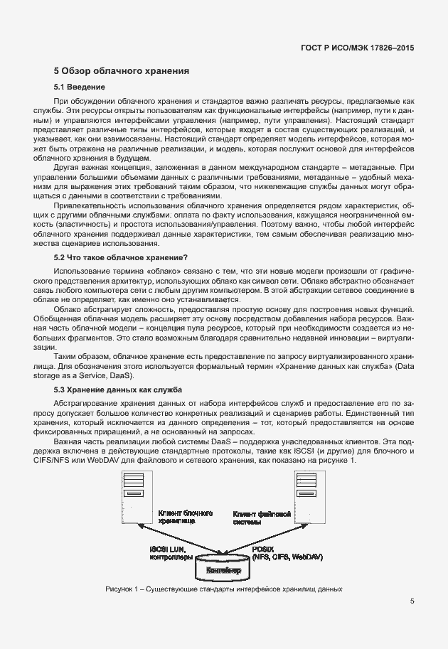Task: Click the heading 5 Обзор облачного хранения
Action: [121, 71]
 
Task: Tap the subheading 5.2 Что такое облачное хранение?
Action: [121, 257]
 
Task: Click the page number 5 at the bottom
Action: [412, 601]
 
